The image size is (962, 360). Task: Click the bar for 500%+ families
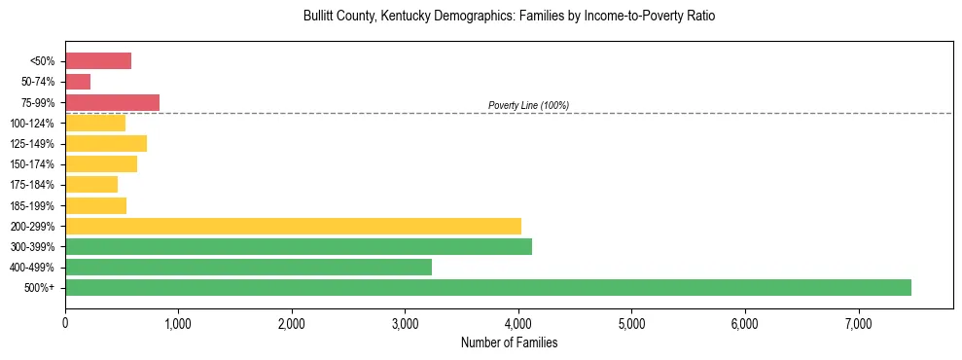(487, 287)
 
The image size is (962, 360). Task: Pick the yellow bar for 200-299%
(293, 226)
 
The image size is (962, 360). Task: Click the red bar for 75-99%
(112, 102)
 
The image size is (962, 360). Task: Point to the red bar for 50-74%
(78, 82)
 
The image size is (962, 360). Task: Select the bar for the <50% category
(98, 61)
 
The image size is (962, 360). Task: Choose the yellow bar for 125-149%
(106, 143)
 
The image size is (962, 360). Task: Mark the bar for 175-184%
(91, 184)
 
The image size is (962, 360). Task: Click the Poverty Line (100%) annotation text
(528, 105)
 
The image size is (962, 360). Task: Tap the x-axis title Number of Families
(509, 343)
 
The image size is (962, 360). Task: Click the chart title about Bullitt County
(509, 17)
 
